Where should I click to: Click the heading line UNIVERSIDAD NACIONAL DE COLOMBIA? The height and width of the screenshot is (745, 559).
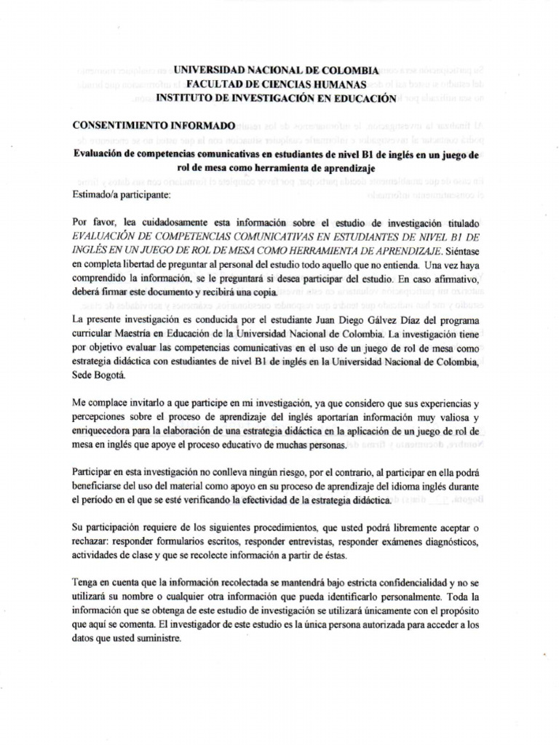[274, 71]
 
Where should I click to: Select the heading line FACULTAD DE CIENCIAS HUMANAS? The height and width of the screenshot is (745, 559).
[274, 84]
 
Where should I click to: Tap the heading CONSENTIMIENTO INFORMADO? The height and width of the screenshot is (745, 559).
[154, 125]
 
